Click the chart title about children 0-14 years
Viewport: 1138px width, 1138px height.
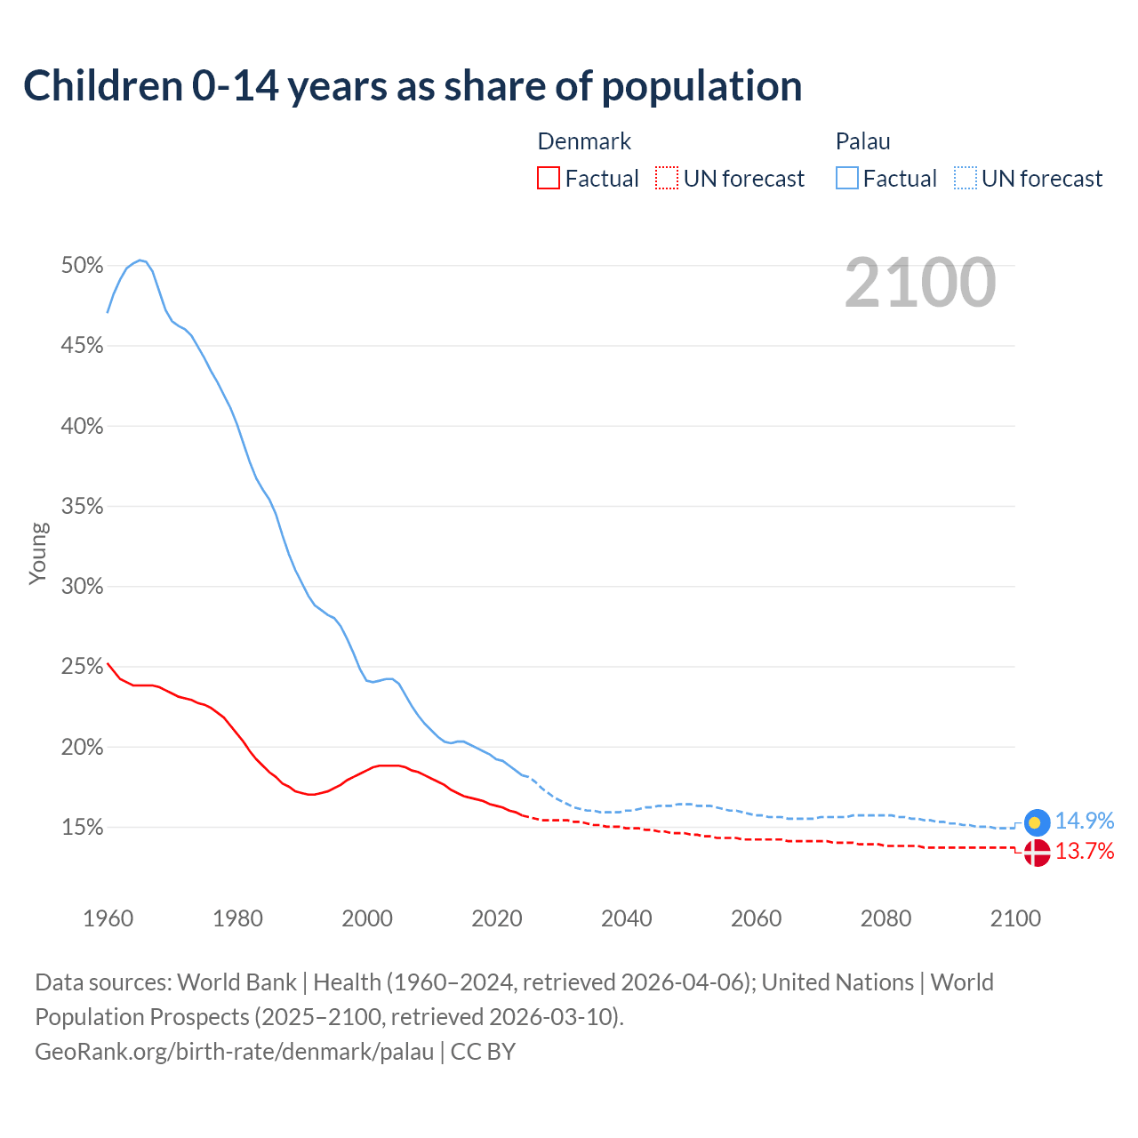click(413, 86)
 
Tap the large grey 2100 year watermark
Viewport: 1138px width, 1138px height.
click(920, 283)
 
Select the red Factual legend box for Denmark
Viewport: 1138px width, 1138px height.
click(549, 179)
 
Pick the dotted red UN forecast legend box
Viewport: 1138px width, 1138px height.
click(667, 179)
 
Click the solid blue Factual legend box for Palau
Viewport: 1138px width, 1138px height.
click(847, 179)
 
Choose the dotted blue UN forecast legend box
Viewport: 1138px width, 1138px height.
click(966, 179)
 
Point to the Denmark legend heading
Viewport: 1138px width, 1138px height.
click(584, 141)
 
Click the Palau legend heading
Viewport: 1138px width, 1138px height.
click(862, 141)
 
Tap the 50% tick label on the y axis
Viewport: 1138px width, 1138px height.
click(82, 265)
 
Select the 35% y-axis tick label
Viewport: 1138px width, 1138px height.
click(82, 507)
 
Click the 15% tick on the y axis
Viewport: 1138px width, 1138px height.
click(82, 828)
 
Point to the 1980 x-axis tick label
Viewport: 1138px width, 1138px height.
click(237, 918)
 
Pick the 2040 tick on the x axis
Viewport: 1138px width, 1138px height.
click(627, 918)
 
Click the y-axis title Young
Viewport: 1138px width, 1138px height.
click(38, 553)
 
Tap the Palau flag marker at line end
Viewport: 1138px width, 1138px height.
click(1037, 822)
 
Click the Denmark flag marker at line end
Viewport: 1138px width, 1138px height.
click(1037, 853)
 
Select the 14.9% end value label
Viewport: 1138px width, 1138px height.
click(1085, 821)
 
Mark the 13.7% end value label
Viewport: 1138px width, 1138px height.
click(1085, 852)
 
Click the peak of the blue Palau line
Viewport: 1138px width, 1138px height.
click(140, 260)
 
